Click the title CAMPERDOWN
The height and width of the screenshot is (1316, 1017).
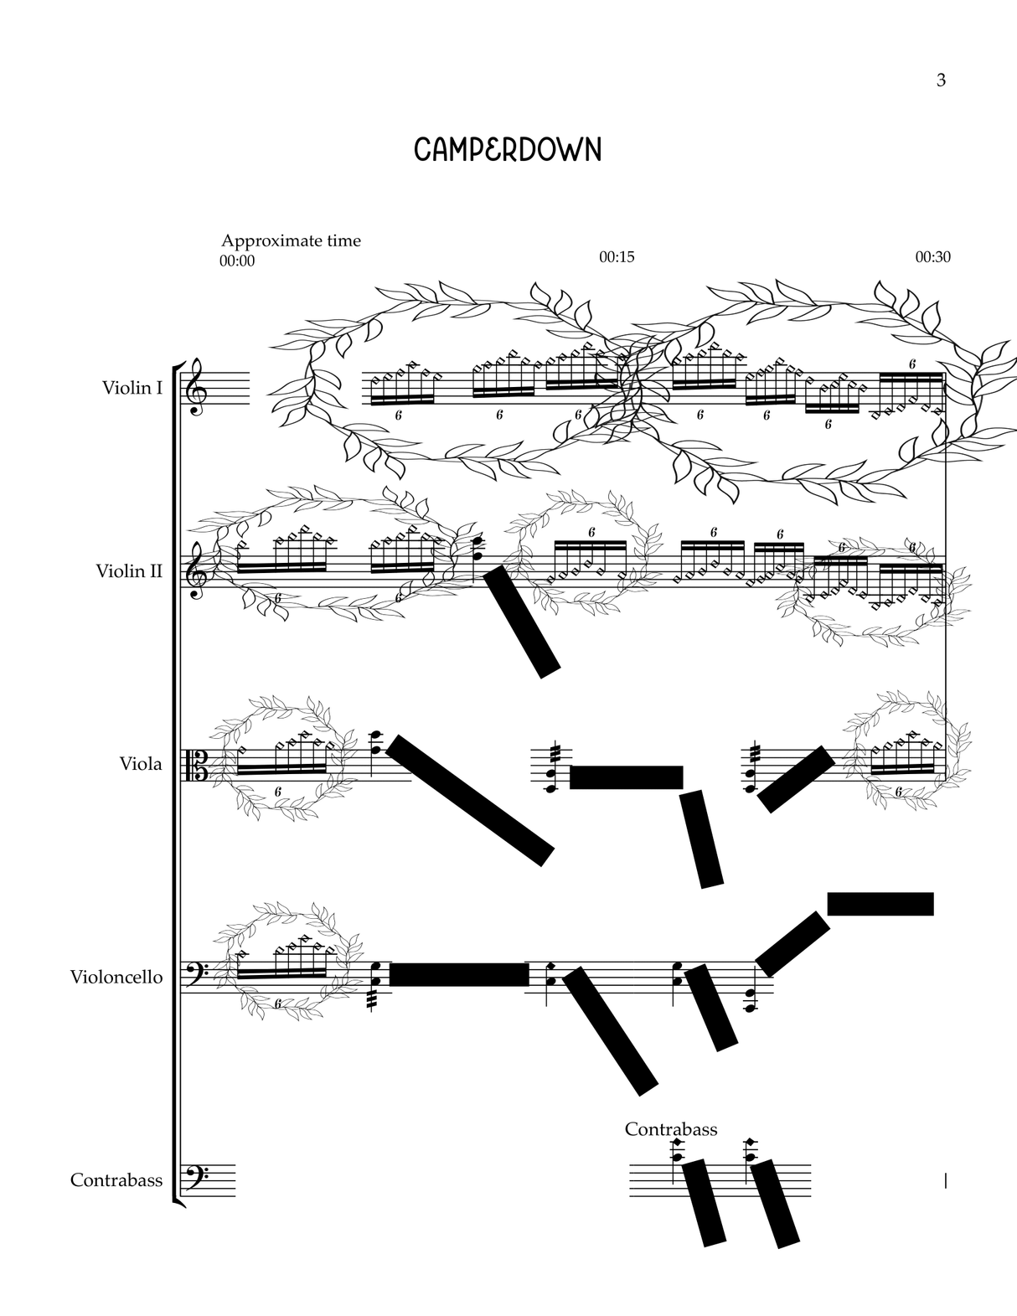tap(508, 150)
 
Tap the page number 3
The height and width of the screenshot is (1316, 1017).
tap(941, 80)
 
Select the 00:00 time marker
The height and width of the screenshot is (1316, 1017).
tap(237, 261)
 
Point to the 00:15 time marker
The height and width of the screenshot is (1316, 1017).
tap(617, 257)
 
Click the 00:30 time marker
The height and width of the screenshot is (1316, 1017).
tap(932, 257)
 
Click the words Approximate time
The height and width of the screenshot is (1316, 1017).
tap(291, 241)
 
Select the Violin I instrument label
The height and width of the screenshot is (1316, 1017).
tap(132, 388)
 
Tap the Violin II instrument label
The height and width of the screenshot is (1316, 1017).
tap(129, 571)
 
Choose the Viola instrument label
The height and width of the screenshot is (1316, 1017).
tap(141, 764)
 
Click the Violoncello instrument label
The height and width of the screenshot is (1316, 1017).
tap(116, 977)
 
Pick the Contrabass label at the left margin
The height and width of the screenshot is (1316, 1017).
tap(116, 1180)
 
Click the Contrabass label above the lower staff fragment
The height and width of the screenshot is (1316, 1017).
tap(671, 1129)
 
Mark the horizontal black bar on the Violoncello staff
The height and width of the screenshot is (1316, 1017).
tap(459, 974)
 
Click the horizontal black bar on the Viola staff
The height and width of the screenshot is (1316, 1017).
tap(626, 777)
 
